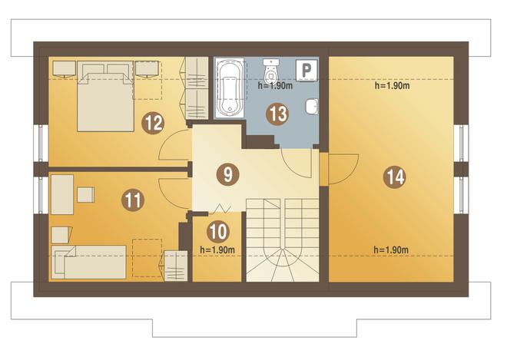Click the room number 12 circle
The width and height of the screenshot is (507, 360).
(154, 123)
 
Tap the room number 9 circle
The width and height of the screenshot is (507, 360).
(228, 174)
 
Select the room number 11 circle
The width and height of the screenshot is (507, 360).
(133, 200)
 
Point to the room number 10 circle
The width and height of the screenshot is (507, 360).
(219, 231)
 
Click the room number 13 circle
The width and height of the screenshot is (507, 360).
(277, 114)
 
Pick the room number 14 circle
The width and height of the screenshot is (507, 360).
(395, 177)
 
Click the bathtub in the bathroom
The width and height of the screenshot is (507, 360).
(230, 88)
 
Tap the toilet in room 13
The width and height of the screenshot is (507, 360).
(270, 71)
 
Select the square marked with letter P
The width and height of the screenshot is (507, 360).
(307, 70)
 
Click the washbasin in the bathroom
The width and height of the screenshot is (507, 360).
(311, 107)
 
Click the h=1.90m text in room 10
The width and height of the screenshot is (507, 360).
(217, 249)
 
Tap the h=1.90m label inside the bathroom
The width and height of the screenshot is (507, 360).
(275, 86)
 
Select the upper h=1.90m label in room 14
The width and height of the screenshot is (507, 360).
(393, 86)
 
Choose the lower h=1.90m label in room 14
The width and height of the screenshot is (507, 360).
(391, 249)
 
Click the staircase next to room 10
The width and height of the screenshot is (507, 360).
(283, 240)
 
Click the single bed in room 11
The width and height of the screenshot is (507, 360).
(89, 262)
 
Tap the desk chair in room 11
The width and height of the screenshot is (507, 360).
(86, 194)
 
